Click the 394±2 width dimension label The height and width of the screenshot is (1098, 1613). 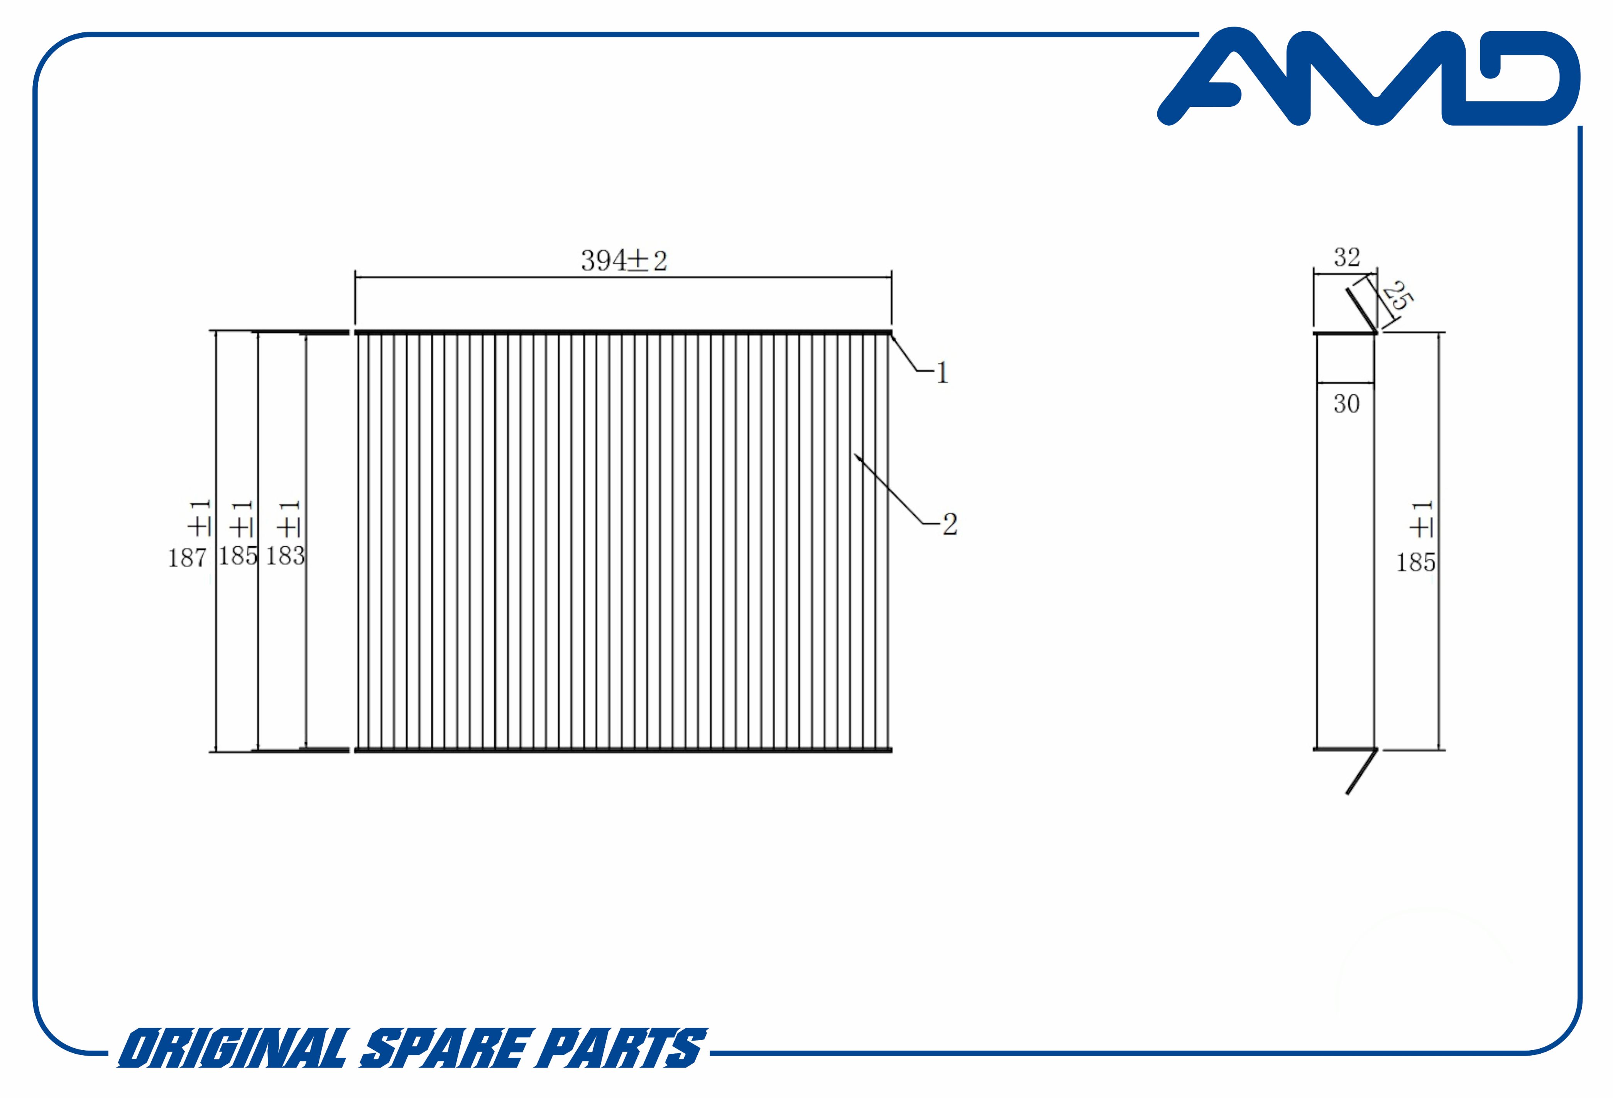click(624, 261)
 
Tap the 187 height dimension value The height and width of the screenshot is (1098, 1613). click(188, 557)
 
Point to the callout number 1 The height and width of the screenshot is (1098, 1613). click(942, 373)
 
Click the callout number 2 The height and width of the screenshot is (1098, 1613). click(950, 524)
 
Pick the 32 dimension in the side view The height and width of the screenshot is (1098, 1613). click(1346, 257)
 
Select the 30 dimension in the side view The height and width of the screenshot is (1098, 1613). click(1346, 404)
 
